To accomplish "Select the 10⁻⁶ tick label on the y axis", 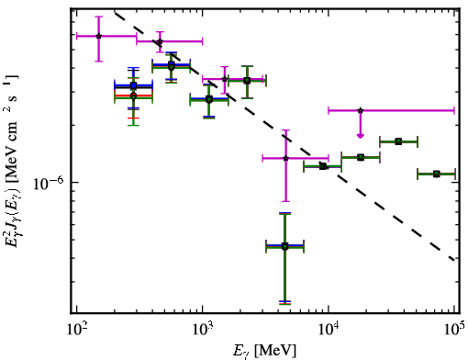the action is coord(49,183).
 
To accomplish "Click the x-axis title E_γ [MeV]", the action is coord(264,351).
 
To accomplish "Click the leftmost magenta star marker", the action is coord(98,36).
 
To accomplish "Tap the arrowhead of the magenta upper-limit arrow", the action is coord(361,136).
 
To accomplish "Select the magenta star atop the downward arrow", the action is coord(361,110).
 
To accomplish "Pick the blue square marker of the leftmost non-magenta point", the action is coord(133,85).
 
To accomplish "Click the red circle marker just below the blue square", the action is coord(133,96).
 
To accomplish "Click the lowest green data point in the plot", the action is coord(284,246).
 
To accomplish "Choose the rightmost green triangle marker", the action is coord(437,174).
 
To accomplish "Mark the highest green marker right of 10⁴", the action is coord(398,141).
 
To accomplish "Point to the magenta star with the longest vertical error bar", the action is coord(285,158).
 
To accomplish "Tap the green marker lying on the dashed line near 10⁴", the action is coord(323,166).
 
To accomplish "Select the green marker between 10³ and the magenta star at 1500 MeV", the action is coord(209,99).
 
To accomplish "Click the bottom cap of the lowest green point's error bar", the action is coord(284,303).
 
